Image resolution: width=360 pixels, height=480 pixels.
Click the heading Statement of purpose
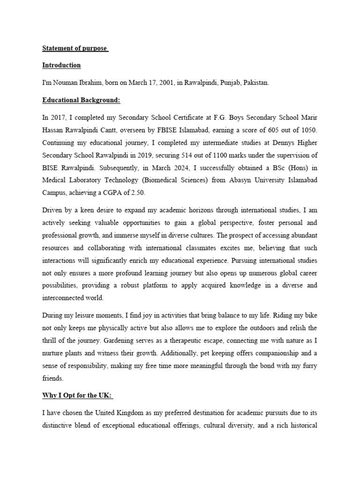click(75, 48)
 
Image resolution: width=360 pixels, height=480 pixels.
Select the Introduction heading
click(61, 65)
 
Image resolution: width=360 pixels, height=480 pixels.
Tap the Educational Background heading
click(81, 100)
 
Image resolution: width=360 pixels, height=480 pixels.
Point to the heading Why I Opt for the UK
click(77, 396)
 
